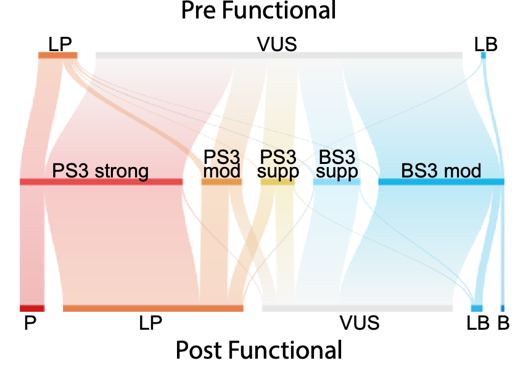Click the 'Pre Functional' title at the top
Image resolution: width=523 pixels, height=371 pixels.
pos(258,11)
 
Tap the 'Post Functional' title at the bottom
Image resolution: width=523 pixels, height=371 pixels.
pos(258,349)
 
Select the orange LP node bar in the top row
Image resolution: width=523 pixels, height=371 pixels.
pos(58,55)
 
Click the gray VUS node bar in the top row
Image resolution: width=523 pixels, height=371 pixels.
pos(279,55)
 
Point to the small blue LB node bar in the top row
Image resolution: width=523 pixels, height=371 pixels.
pos(484,55)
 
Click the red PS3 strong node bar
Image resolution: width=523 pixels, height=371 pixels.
pos(101,182)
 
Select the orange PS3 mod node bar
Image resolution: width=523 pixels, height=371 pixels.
pos(221,182)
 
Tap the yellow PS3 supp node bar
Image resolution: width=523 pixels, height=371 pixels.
pos(278,182)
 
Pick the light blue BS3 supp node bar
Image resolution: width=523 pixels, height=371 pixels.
pos(337,182)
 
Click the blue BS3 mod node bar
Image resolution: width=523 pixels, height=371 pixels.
pos(441,182)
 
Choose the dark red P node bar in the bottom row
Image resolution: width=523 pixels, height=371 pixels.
pos(32,308)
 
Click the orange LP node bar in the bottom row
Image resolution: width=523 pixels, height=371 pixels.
pos(153,308)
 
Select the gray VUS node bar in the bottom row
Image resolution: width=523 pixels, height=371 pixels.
pos(357,308)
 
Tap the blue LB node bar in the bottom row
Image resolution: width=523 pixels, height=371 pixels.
pos(477,308)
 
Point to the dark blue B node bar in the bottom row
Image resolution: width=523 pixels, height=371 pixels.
pos(503,308)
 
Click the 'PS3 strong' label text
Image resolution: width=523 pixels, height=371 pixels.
pos(101,171)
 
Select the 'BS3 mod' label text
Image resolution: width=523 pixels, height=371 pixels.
pos(441,171)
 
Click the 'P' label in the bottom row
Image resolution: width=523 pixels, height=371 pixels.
pos(30,322)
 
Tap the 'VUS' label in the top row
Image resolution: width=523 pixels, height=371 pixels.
pos(278,44)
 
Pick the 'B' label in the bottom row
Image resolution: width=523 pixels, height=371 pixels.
pos(503,322)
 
